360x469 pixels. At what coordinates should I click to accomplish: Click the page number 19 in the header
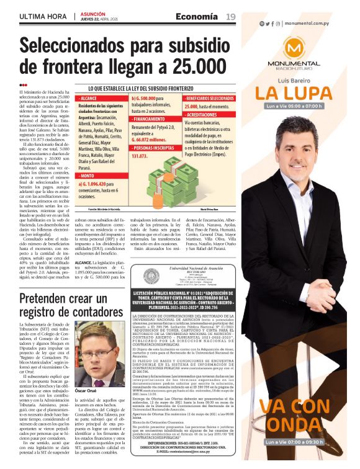pos(230,16)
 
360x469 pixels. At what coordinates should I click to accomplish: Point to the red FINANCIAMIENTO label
pos(149,118)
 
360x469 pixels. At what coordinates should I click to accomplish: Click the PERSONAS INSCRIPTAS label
pos(155,148)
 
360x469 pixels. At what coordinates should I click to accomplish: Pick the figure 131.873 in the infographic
pos(143,156)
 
